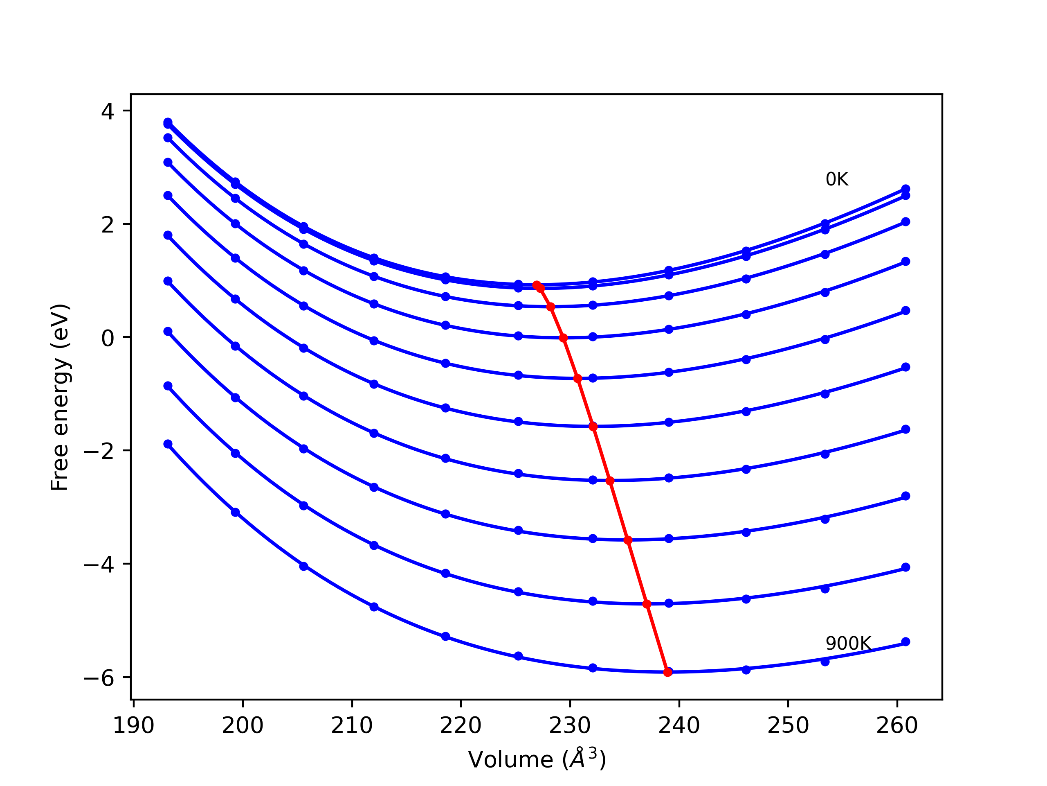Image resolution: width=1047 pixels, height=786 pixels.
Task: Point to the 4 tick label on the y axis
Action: coord(108,111)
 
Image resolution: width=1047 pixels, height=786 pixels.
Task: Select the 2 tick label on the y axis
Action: coord(108,225)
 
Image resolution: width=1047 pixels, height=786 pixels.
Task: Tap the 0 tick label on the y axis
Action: coord(108,338)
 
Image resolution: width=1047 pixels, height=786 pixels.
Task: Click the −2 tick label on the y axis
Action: coord(99,452)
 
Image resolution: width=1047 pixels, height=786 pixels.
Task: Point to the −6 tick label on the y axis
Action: coord(99,678)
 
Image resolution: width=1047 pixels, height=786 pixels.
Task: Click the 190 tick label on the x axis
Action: coord(133,726)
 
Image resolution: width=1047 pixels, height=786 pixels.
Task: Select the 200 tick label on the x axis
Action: coord(243,726)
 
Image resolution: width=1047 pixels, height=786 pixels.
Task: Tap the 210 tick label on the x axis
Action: coord(352,726)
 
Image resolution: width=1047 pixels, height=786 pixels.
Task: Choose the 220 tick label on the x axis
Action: coord(461,726)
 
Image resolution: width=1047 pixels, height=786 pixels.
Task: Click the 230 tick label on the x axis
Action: coord(570,726)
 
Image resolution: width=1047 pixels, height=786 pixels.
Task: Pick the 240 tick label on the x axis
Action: coord(679,726)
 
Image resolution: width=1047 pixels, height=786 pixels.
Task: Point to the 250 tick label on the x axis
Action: coord(788,726)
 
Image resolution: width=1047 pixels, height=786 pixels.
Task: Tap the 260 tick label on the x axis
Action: coord(897,726)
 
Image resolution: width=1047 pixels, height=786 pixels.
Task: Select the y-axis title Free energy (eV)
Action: coord(61,397)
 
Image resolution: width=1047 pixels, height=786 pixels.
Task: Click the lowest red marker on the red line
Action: coord(668,672)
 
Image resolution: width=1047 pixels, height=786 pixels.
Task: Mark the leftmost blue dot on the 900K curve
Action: coord(168,444)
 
